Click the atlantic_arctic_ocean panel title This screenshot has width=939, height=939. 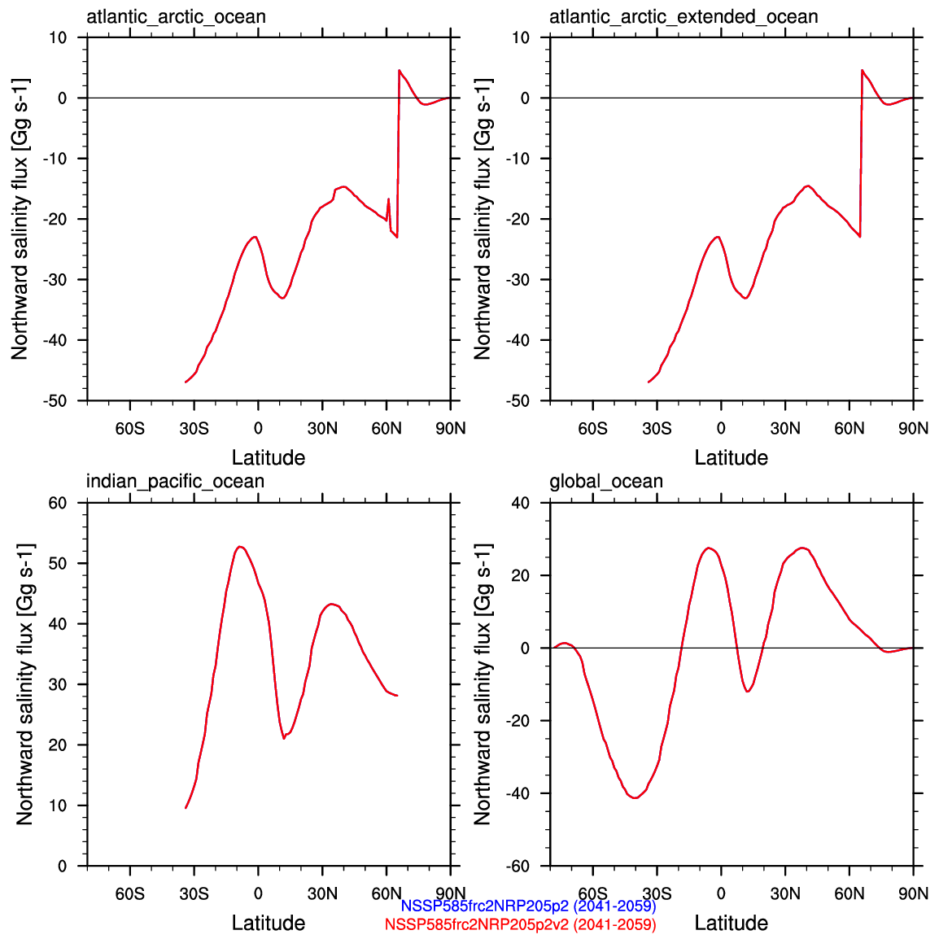point(176,16)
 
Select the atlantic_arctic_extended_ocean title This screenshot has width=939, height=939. point(684,16)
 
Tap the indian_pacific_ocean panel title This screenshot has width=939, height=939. point(175,481)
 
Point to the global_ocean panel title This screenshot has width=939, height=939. point(606,481)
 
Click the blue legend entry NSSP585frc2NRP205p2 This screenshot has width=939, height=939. point(528,906)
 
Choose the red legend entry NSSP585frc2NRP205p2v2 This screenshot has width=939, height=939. point(520,924)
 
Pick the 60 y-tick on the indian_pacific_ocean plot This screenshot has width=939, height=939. point(57,503)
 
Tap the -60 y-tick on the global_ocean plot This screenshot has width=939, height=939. point(520,867)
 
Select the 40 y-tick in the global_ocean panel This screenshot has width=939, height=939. point(521,503)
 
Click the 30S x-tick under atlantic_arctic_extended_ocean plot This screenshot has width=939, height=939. point(657,429)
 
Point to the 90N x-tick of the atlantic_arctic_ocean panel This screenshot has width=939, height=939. point(451,429)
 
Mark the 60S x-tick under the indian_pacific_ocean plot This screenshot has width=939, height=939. point(129,894)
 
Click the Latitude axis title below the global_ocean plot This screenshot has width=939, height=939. point(731,923)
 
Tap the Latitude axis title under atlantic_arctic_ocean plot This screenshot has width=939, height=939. point(269,457)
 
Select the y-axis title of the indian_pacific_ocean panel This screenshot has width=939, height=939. point(24,684)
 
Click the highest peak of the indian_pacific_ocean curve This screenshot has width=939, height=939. point(240,547)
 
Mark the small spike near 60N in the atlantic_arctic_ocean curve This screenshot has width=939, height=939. point(388,199)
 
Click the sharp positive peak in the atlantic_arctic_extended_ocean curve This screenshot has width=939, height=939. point(862,71)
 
